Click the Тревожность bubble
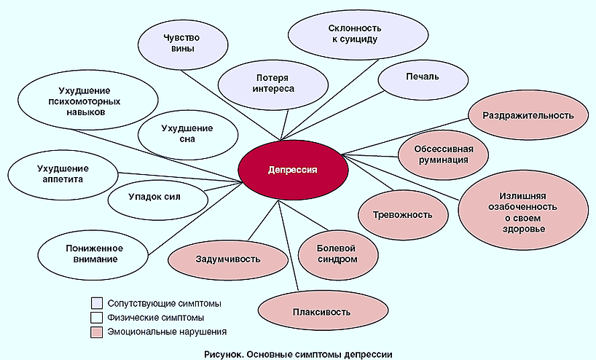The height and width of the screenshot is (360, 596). point(403,214)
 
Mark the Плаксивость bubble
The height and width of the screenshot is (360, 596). point(312,312)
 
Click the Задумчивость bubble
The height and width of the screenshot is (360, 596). point(227,258)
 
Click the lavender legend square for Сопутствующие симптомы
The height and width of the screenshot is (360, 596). point(97,302)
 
